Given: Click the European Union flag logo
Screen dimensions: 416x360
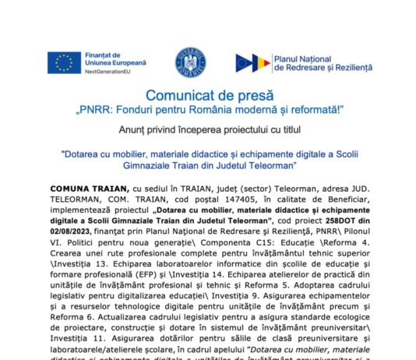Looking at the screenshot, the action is click(x=64, y=62).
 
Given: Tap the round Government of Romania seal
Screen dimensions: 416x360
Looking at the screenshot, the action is click(x=189, y=62).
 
